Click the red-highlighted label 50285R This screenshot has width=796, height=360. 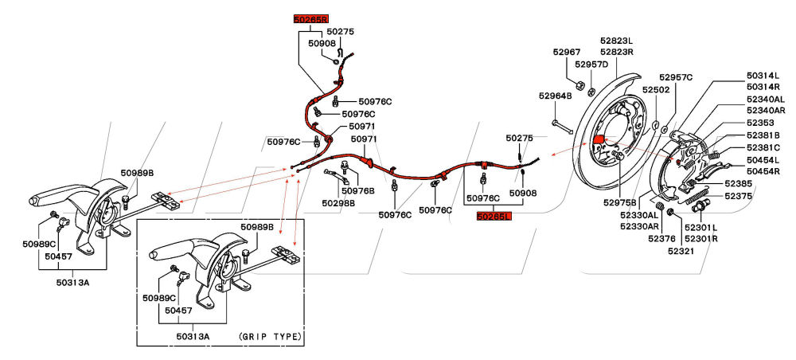(310, 18)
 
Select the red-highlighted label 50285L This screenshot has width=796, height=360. (494, 215)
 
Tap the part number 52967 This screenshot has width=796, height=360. (567, 53)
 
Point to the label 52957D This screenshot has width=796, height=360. (591, 64)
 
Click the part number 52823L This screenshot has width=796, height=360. (616, 41)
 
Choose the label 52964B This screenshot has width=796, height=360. (555, 96)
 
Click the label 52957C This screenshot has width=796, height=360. (678, 77)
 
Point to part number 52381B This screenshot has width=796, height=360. (763, 135)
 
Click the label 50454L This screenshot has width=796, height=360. (763, 160)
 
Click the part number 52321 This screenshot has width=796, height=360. (681, 251)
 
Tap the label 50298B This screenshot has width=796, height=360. (338, 203)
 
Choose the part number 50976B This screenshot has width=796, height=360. (357, 190)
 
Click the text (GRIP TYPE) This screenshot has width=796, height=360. (270, 337)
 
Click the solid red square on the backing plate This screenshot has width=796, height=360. (599, 142)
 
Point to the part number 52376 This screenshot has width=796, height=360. (661, 237)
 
